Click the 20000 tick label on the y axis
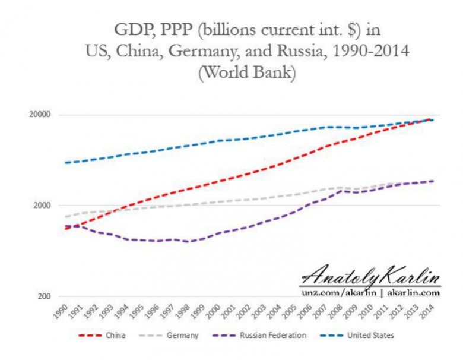pyautogui.click(x=40, y=115)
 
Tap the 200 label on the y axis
pyautogui.click(x=44, y=296)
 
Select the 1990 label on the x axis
pyautogui.click(x=61, y=311)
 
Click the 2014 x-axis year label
pyautogui.click(x=427, y=311)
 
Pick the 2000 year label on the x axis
pyautogui.click(x=213, y=311)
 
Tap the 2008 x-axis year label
pyautogui.click(x=335, y=311)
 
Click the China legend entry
pyautogui.click(x=102, y=336)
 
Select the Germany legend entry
pyautogui.click(x=169, y=336)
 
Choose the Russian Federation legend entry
pyautogui.click(x=259, y=336)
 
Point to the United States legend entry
pyautogui.click(x=357, y=336)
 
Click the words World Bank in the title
pyautogui.click(x=248, y=72)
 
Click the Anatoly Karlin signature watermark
pyautogui.click(x=370, y=276)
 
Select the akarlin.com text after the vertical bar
pyautogui.click(x=413, y=293)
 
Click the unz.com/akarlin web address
pyautogui.click(x=339, y=293)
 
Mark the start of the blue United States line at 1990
pyautogui.click(x=65, y=163)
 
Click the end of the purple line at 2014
pyautogui.click(x=433, y=181)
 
